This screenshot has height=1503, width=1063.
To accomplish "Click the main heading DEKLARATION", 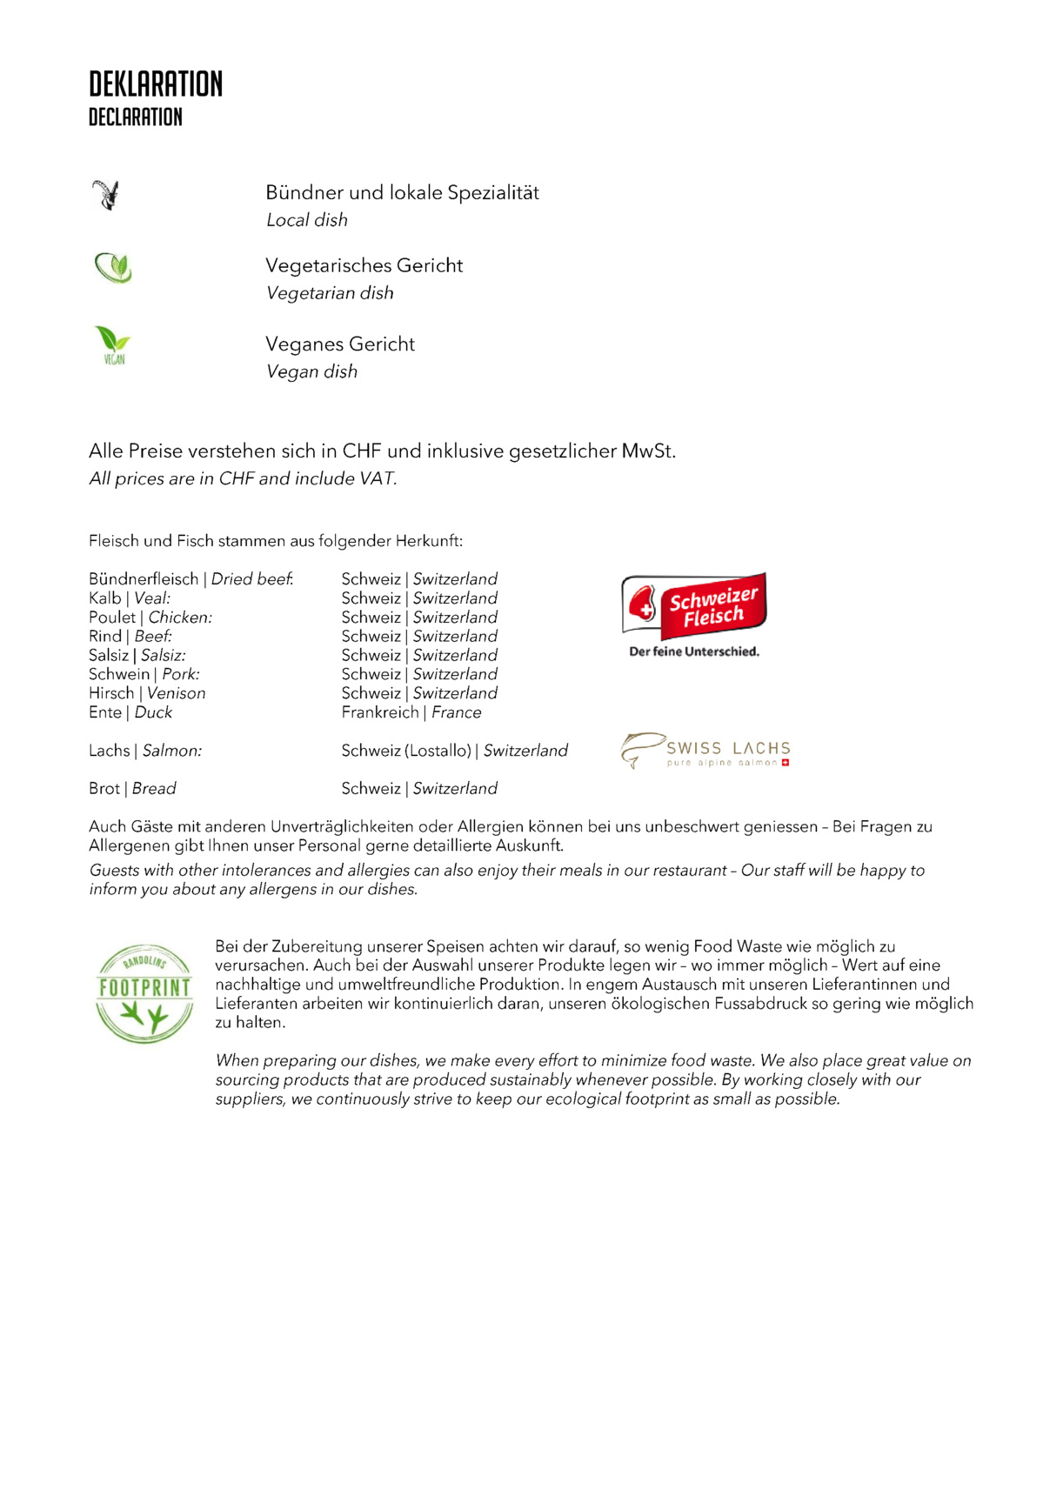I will pos(156,84).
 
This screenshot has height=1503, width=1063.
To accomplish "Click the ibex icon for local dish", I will pos(106,195).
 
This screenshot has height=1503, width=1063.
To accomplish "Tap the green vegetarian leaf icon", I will pos(113,268).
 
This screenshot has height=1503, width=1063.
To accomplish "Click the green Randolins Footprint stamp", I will pos(144,993).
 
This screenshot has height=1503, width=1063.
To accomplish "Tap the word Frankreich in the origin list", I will pos(380,712).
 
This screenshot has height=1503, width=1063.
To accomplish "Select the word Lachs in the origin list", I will pos(109,751).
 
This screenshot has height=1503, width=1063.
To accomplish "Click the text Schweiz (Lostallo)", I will pos(406,751).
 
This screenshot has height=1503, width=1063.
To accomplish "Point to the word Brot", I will pos(104,789).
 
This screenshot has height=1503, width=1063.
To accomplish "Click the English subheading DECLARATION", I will pos(136,117).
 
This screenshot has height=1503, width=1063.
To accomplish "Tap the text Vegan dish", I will pos(311,372).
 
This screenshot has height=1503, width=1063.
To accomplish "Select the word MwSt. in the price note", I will pos(648,451).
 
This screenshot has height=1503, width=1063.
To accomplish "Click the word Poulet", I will pos(112,618).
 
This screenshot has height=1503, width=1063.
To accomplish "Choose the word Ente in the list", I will pos(104,712).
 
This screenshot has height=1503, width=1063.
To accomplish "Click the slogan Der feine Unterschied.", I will pos(694,651).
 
